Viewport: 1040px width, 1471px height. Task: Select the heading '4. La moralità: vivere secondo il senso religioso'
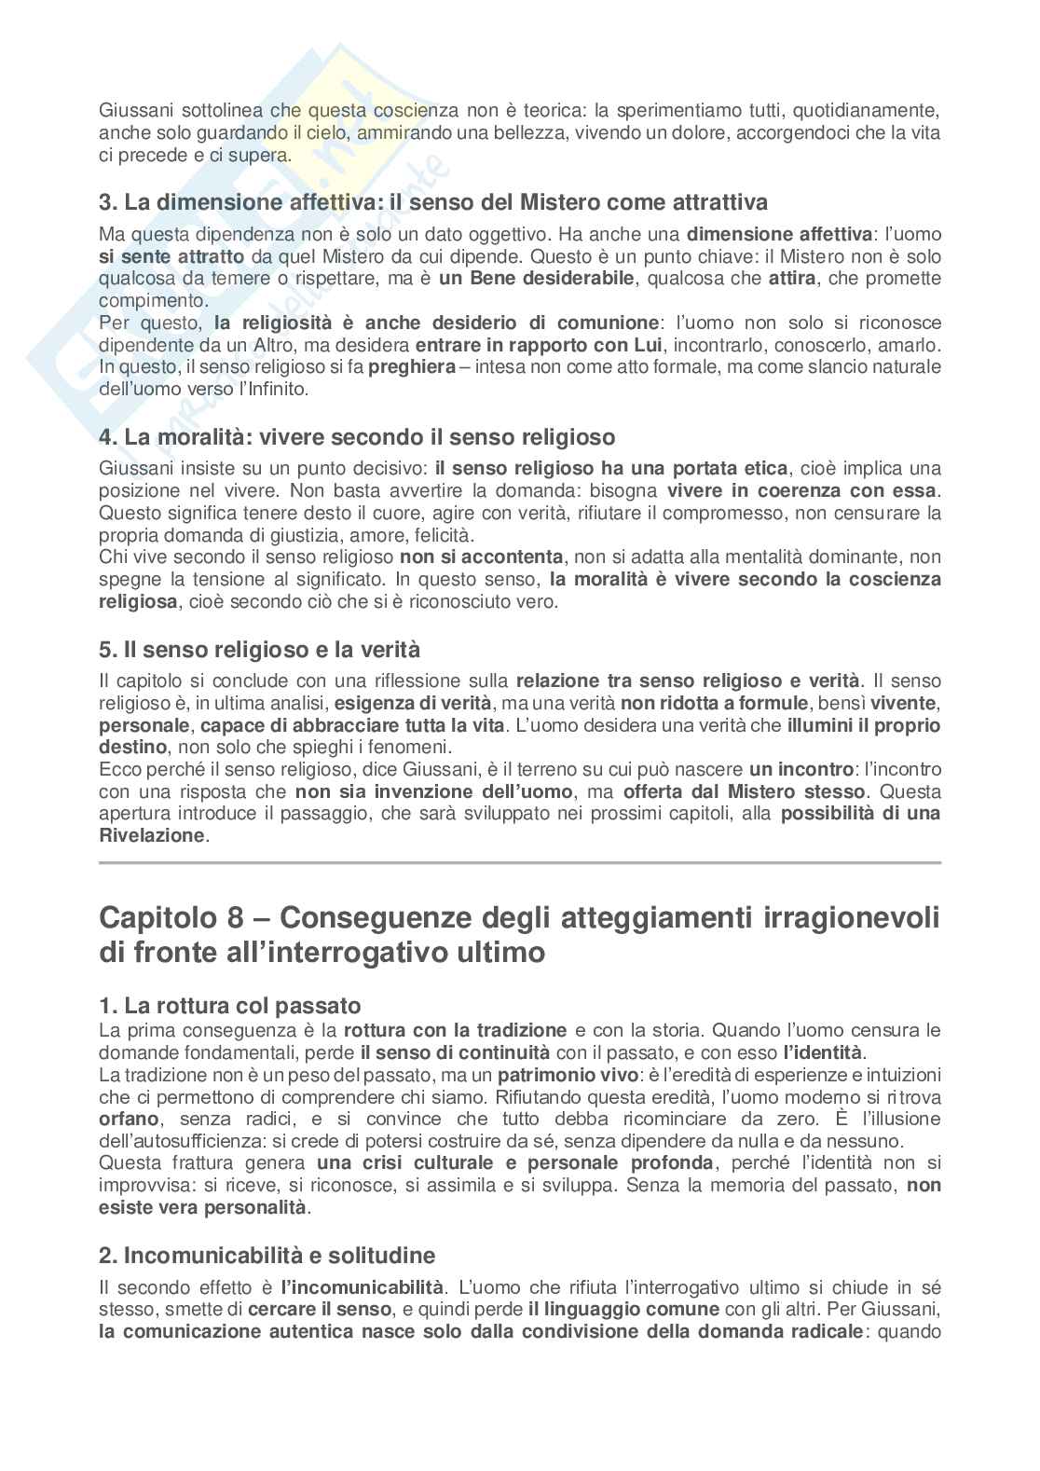pos(357,436)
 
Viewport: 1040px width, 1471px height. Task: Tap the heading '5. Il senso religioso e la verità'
pos(260,649)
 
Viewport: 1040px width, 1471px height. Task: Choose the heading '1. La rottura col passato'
pos(229,1006)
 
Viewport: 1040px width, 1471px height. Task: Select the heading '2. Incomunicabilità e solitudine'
pos(267,1256)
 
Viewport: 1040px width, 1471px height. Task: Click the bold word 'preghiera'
pos(412,366)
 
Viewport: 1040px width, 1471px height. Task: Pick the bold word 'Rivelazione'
pos(151,835)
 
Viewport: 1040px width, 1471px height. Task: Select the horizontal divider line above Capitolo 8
pos(520,863)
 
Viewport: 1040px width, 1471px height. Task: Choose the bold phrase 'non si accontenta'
pos(481,557)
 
